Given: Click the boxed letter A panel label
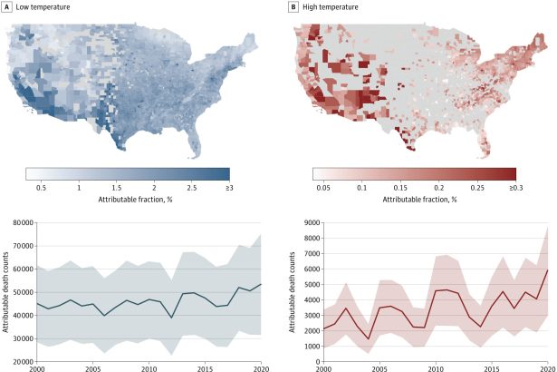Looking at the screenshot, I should click(x=7, y=6).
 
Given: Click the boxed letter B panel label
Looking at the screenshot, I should click(x=293, y=6).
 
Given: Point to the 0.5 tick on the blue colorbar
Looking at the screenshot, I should click(x=42, y=186).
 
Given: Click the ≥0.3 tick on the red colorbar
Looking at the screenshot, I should click(x=507, y=186).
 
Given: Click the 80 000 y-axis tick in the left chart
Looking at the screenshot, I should click(x=21, y=222).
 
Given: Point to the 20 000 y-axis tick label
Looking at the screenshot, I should click(x=21, y=362).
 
